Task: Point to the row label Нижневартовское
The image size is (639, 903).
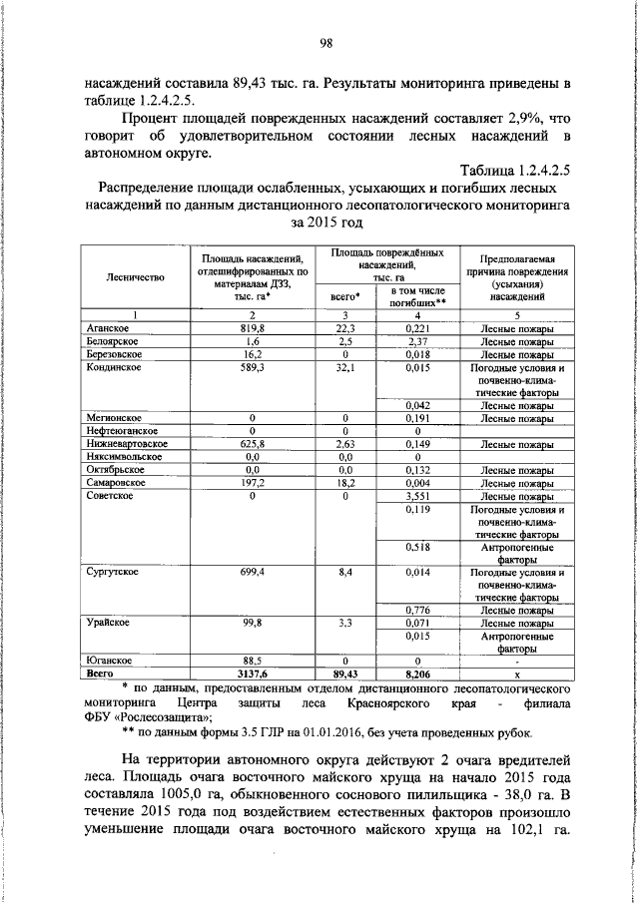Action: click(126, 443)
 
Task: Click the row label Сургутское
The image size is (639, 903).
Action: click(112, 573)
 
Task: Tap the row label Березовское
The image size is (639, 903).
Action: click(112, 353)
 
